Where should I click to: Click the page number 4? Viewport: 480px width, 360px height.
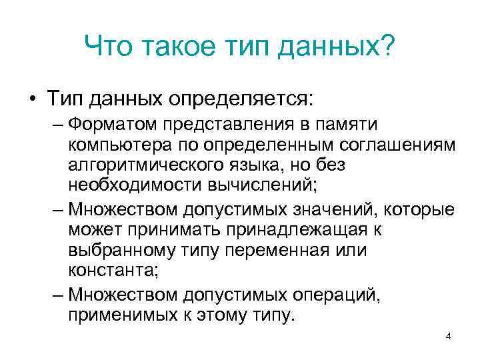point(448,336)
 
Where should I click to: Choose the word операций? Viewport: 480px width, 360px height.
point(328,295)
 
